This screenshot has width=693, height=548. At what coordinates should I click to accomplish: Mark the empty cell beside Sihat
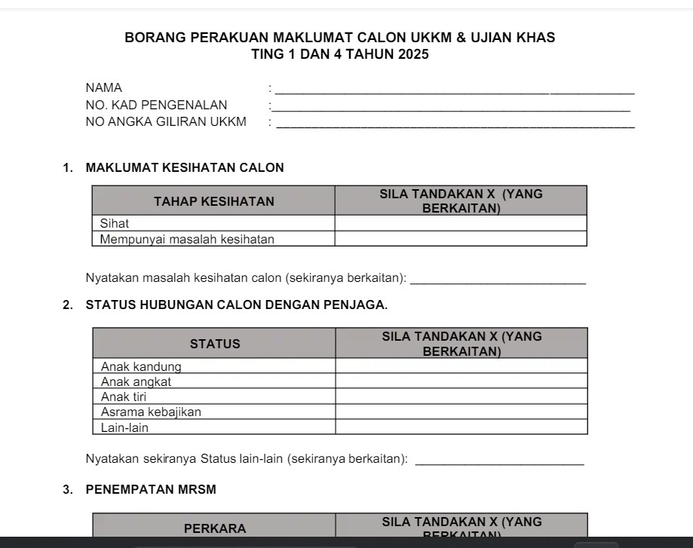click(460, 223)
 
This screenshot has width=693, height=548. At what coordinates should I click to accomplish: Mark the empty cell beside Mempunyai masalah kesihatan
click(460, 239)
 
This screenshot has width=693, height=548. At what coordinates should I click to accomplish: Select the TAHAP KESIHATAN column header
click(214, 201)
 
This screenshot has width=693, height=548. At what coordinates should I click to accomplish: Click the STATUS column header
click(215, 344)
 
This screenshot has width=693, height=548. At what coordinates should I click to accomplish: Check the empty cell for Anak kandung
click(461, 366)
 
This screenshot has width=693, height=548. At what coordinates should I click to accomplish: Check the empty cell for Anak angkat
click(461, 381)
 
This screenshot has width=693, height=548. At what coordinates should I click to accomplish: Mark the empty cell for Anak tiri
click(461, 396)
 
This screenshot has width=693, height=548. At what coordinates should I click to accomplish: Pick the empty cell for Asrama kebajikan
click(461, 412)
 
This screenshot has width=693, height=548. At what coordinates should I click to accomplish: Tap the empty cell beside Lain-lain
click(461, 427)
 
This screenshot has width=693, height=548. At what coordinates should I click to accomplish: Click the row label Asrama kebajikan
click(151, 412)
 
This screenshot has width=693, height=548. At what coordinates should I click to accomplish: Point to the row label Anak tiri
click(124, 396)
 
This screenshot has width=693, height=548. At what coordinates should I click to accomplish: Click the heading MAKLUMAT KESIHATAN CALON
click(185, 168)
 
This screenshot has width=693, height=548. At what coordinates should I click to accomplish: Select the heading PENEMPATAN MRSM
click(151, 489)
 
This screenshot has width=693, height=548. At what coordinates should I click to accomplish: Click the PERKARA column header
click(215, 528)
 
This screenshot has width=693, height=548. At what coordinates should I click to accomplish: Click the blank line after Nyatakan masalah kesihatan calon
click(501, 280)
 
